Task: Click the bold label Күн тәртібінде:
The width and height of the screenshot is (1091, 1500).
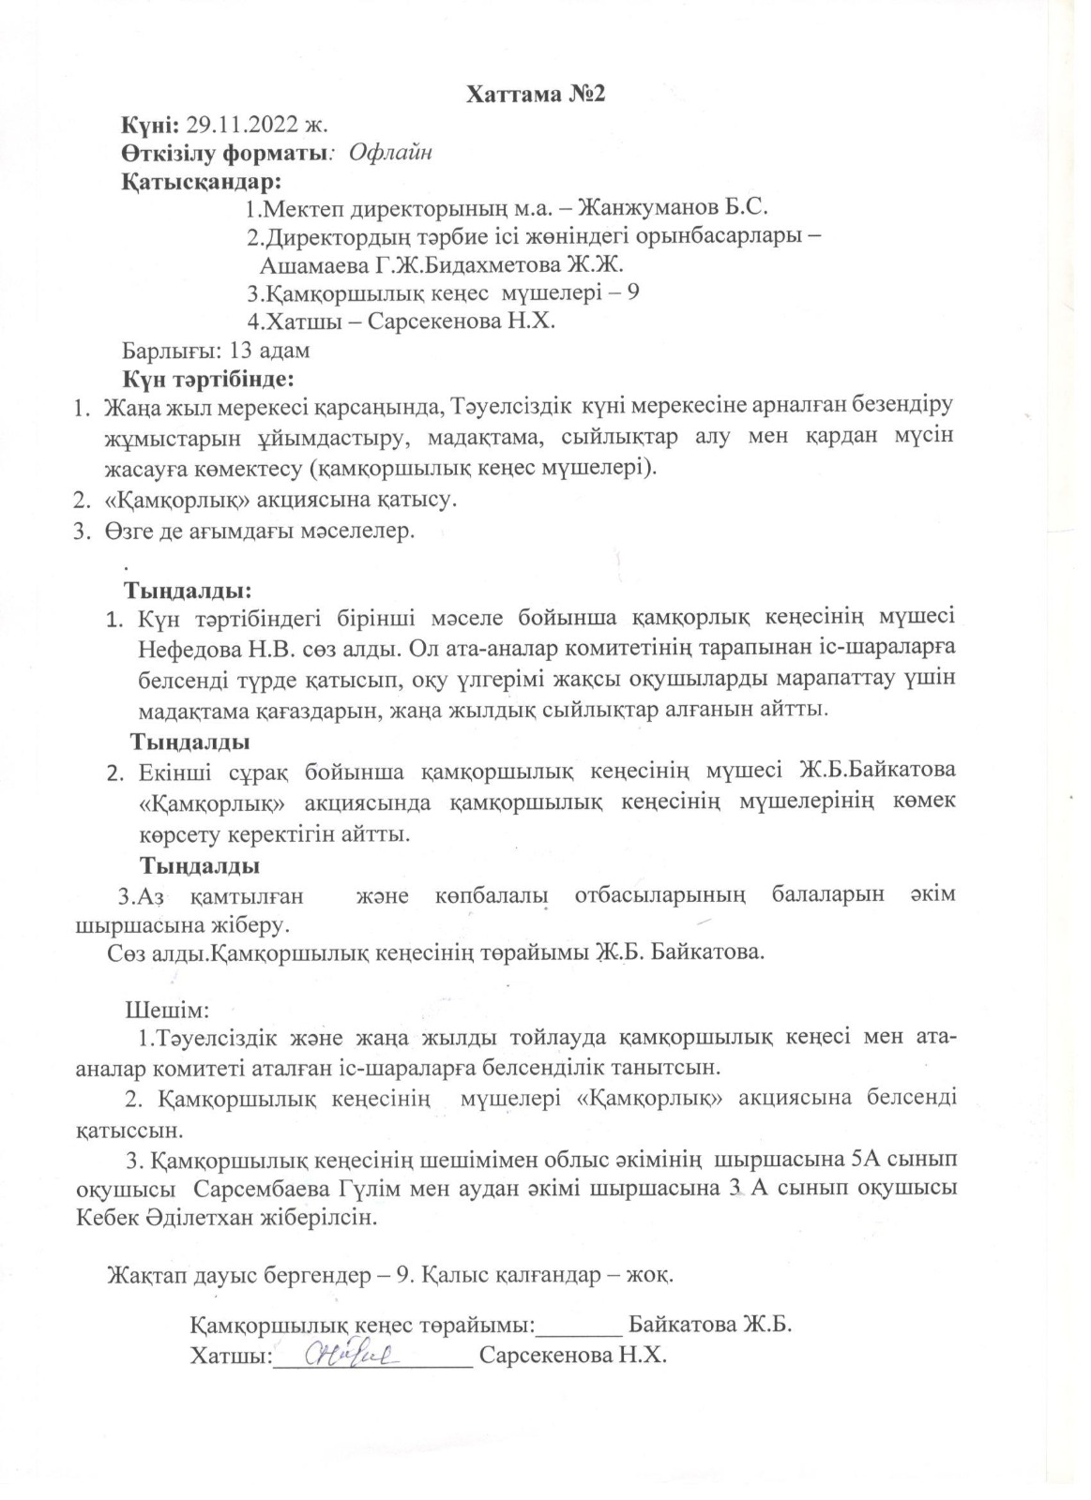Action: point(208,380)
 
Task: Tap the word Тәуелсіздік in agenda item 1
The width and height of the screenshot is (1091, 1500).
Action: point(508,409)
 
